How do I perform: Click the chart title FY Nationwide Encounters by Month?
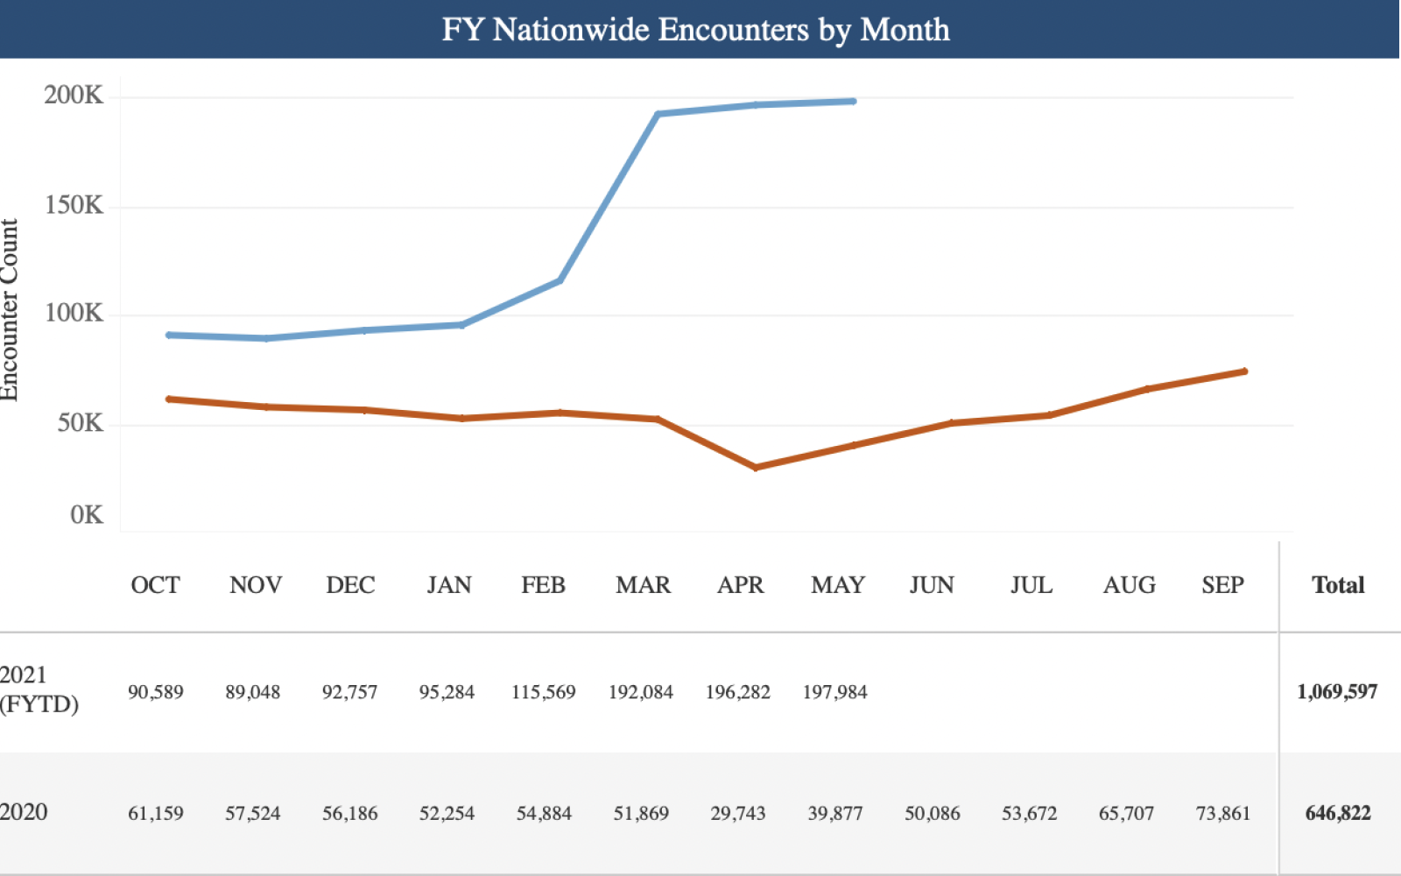click(695, 30)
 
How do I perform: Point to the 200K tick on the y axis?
click(74, 95)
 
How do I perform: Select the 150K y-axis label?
click(74, 206)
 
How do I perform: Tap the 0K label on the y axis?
click(86, 515)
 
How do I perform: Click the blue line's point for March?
click(658, 114)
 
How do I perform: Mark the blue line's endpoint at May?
click(854, 102)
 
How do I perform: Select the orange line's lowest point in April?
click(756, 468)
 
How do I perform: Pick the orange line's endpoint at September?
click(1244, 371)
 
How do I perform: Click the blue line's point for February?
click(560, 280)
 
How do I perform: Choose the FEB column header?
click(543, 585)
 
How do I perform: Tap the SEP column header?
click(1222, 585)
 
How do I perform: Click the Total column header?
click(1337, 585)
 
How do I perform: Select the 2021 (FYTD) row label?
click(39, 689)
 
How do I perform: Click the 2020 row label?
click(24, 812)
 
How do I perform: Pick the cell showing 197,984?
click(834, 692)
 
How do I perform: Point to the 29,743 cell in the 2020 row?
click(737, 814)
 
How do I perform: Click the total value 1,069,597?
click(1336, 692)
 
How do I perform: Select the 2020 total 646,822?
click(1337, 814)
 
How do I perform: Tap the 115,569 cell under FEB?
click(543, 692)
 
